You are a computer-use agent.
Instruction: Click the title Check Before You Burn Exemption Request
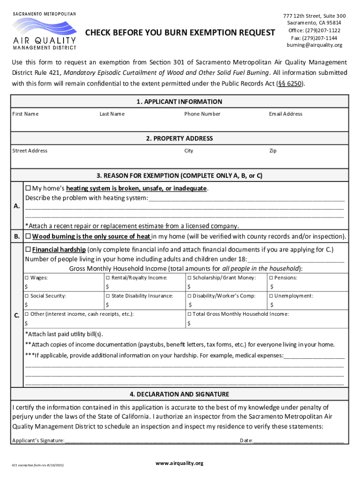point(180,32)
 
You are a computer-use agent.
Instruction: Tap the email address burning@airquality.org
point(314,45)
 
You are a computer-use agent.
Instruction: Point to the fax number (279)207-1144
point(314,38)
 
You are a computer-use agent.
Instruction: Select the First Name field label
point(25,114)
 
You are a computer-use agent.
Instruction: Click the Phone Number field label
point(202,114)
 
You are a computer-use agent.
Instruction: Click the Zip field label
point(273,151)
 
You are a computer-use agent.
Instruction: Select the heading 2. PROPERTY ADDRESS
point(180,138)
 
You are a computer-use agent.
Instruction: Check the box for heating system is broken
point(28,188)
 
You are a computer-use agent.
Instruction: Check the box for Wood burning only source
point(28,236)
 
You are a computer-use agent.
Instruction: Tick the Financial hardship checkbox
point(28,249)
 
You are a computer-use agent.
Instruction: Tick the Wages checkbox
point(27,278)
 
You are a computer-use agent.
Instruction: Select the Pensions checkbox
point(271,278)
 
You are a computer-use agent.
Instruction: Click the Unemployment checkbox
point(271,296)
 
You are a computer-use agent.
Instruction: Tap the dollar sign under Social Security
point(26,305)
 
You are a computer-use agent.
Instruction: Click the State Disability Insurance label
point(142,296)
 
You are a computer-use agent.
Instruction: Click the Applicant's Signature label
point(38,440)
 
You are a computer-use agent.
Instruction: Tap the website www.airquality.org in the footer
point(180,463)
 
